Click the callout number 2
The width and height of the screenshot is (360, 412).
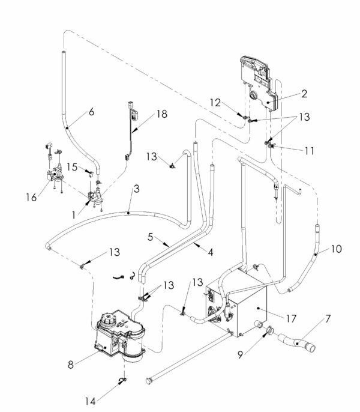tap(304, 94)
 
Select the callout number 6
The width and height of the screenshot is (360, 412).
tap(91, 111)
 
